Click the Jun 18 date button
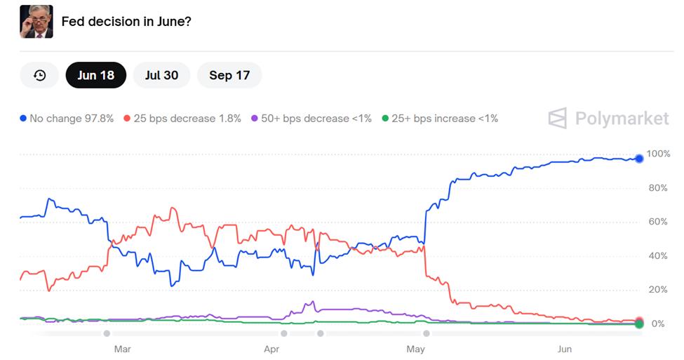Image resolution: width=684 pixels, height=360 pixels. pyautogui.click(x=95, y=75)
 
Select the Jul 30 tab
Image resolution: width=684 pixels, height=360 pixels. pyautogui.click(x=161, y=75)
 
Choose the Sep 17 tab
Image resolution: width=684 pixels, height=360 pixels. pyautogui.click(x=229, y=75)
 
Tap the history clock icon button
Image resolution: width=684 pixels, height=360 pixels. pyautogui.click(x=39, y=75)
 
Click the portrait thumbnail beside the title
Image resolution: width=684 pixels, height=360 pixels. pyautogui.click(x=36, y=21)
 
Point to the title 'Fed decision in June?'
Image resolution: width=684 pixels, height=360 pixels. pyautogui.click(x=126, y=22)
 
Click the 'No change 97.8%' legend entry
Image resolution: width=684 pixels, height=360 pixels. pyautogui.click(x=67, y=119)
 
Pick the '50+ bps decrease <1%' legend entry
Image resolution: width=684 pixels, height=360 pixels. pyautogui.click(x=311, y=119)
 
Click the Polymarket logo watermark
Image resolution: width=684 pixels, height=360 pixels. pyautogui.click(x=608, y=119)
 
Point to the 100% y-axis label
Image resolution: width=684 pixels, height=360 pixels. pyautogui.click(x=658, y=154)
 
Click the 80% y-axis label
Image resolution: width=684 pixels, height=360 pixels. pyautogui.click(x=658, y=188)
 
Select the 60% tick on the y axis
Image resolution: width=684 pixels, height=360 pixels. pyautogui.click(x=658, y=222)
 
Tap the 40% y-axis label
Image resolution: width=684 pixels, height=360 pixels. pyautogui.click(x=658, y=256)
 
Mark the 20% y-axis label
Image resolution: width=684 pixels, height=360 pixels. pyautogui.click(x=658, y=290)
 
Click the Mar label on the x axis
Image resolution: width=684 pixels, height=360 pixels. pyautogui.click(x=122, y=349)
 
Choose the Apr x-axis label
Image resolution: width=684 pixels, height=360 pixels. pyautogui.click(x=271, y=349)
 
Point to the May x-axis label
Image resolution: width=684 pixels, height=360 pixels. pyautogui.click(x=416, y=349)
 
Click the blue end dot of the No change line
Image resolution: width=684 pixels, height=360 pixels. pyautogui.click(x=639, y=159)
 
